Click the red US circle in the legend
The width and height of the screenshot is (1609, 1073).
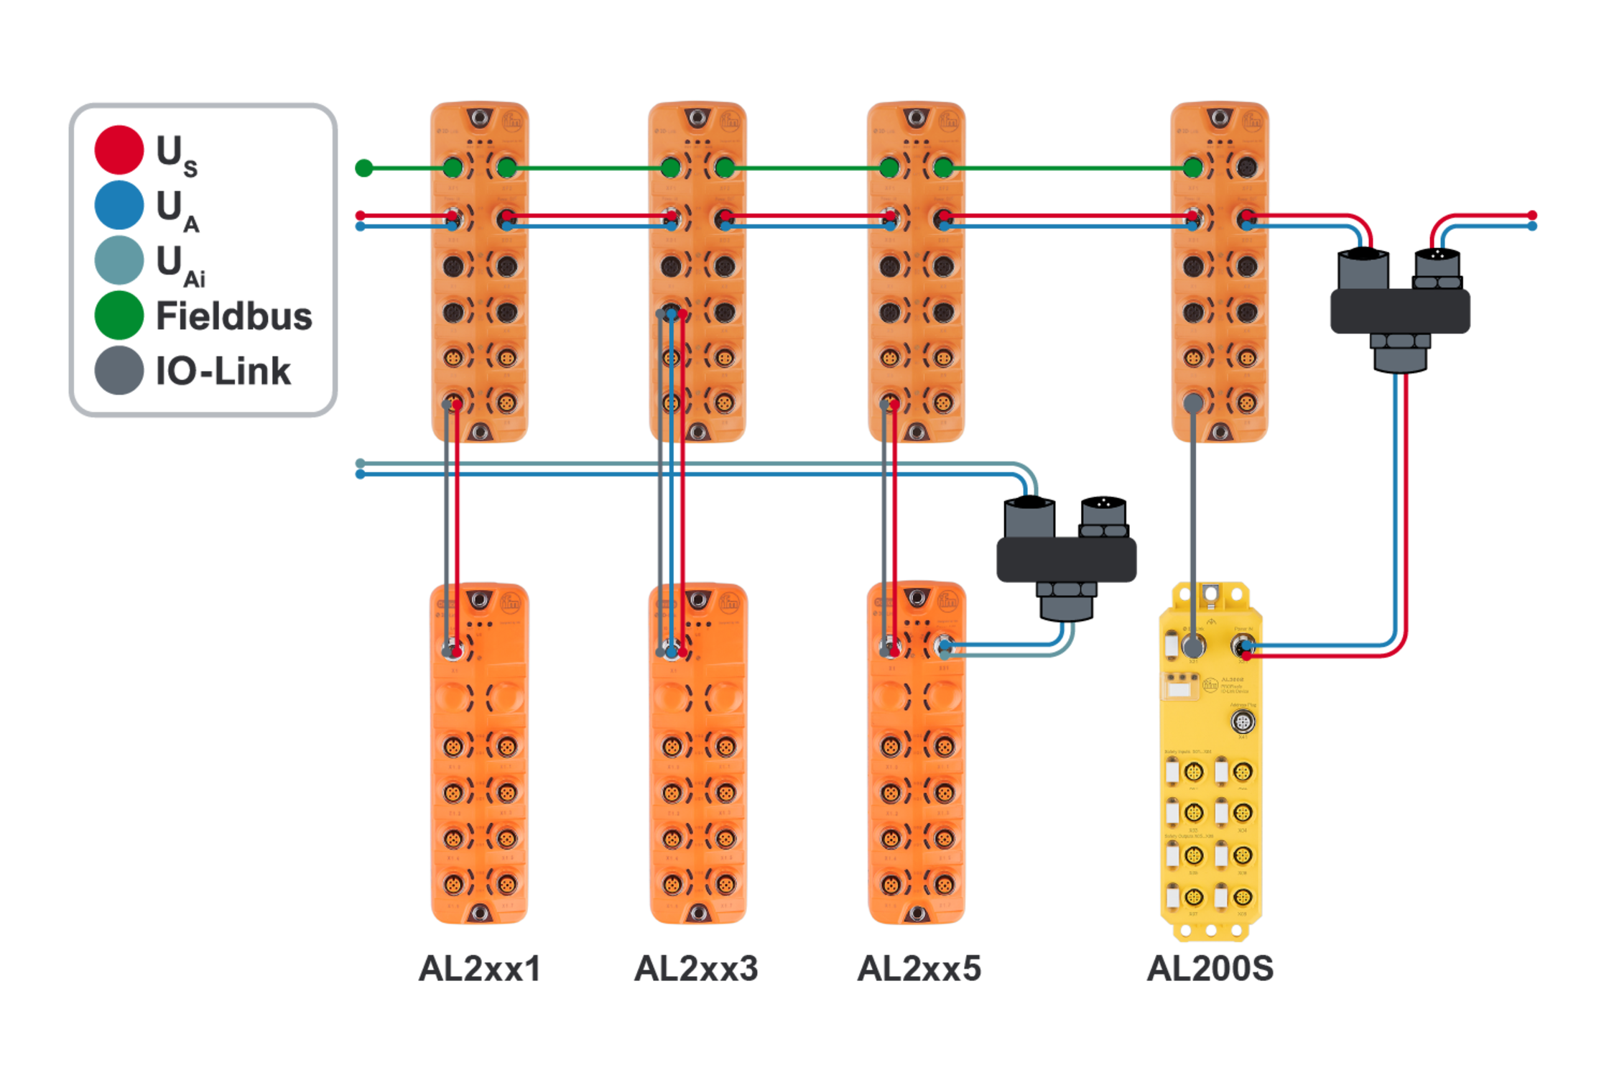click(x=119, y=149)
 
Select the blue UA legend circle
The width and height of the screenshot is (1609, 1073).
click(x=119, y=205)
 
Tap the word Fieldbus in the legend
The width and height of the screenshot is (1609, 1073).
click(x=233, y=316)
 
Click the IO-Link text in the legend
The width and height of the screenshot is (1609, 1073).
click(x=223, y=372)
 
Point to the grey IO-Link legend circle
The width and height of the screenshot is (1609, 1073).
click(x=119, y=370)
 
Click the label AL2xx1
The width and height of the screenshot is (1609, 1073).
click(x=479, y=969)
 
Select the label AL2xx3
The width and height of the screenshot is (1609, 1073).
click(x=696, y=969)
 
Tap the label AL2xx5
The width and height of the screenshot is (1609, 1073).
click(x=919, y=969)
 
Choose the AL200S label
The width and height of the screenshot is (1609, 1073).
click(x=1210, y=969)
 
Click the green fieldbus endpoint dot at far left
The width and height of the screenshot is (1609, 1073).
click(x=364, y=168)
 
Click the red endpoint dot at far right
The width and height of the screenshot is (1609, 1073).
click(x=1532, y=215)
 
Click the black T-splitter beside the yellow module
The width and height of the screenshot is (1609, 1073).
click(x=1399, y=311)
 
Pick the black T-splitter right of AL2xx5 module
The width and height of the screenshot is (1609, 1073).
click(x=1066, y=559)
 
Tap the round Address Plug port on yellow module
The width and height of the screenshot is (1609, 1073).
click(x=1243, y=722)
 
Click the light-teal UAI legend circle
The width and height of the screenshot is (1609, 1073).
click(x=119, y=260)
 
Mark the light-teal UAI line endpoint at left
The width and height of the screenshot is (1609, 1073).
click(x=360, y=463)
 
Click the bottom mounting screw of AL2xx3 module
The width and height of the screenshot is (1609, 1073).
click(x=697, y=913)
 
